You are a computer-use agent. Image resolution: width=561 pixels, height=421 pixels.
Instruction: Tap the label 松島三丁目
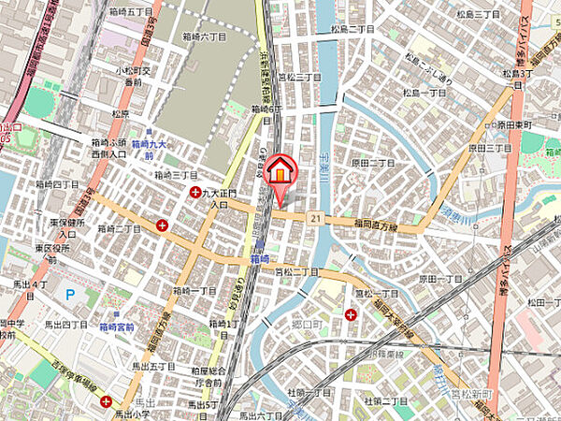[474, 15]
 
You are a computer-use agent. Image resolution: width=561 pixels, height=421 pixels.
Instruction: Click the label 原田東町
[513, 124]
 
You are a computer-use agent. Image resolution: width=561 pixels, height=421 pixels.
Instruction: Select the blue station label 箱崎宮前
[116, 327]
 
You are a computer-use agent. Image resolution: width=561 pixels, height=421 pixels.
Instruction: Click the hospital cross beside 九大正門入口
[194, 193]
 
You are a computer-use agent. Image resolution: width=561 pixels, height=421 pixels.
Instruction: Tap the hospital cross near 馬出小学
[107, 400]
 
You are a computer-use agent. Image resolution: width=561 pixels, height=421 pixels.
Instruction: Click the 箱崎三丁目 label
[175, 174]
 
